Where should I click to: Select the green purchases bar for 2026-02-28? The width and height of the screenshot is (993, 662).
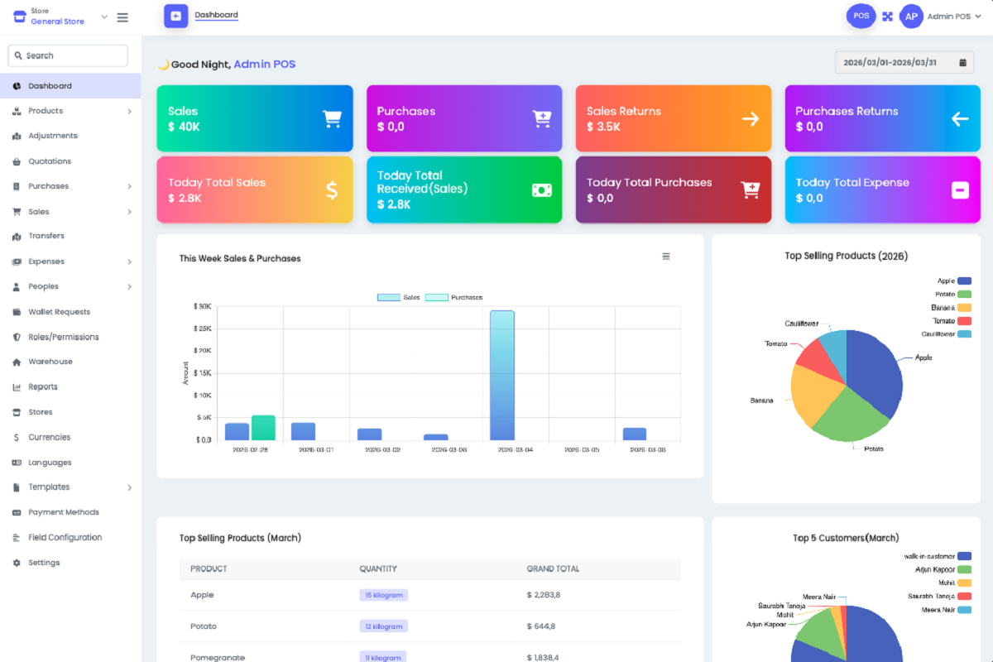click(x=263, y=428)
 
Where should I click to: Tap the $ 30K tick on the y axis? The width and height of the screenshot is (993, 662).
click(x=202, y=306)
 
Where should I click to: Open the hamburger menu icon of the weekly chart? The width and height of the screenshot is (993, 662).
click(x=666, y=257)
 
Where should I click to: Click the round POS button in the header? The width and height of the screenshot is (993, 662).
click(x=861, y=16)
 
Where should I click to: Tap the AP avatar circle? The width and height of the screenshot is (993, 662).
click(x=911, y=17)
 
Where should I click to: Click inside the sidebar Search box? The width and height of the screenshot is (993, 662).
click(x=69, y=55)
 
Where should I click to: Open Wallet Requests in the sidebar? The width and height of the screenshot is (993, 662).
click(x=59, y=312)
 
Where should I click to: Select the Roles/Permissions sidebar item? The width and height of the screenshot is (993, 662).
click(x=63, y=337)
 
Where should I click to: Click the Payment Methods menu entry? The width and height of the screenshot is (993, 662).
click(x=63, y=512)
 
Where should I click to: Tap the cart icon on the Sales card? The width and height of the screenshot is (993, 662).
click(x=332, y=119)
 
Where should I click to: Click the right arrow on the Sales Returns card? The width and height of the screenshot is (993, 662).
click(x=751, y=119)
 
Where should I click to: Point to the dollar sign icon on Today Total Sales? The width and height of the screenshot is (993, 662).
click(x=332, y=190)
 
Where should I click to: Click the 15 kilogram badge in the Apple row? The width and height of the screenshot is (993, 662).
click(x=383, y=595)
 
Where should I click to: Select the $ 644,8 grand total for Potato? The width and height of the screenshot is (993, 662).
click(x=543, y=626)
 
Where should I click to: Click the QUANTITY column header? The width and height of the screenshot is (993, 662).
click(x=377, y=568)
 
